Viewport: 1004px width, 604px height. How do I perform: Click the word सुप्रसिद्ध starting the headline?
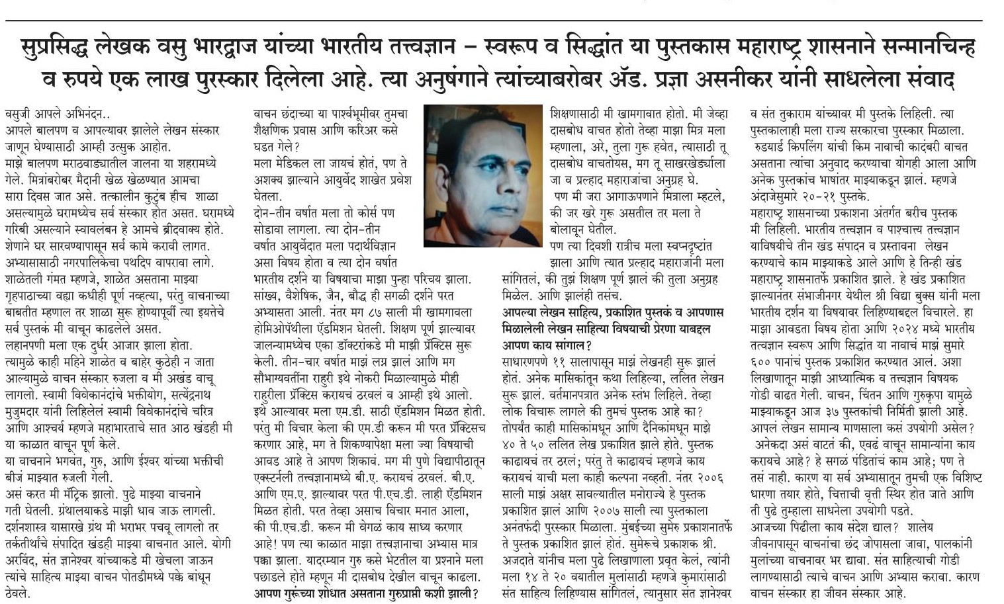(58, 48)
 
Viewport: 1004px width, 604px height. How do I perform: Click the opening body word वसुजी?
(19, 113)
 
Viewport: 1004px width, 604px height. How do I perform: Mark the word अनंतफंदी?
(527, 526)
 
